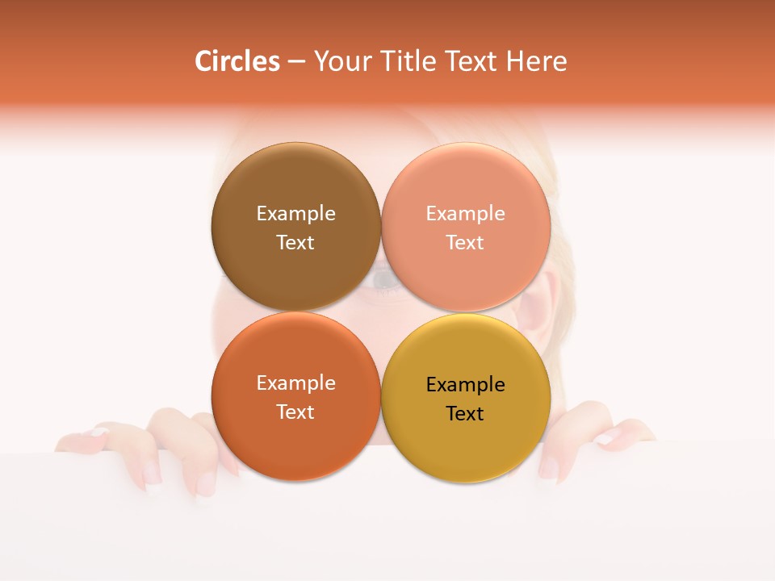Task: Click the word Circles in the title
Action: click(x=237, y=61)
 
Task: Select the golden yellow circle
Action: click(x=466, y=444)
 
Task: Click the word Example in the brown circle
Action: click(x=295, y=214)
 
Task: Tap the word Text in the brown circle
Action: click(x=295, y=243)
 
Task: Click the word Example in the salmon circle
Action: click(x=465, y=214)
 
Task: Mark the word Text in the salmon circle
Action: click(x=465, y=243)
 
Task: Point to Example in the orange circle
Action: click(x=295, y=383)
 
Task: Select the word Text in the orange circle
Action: click(x=295, y=412)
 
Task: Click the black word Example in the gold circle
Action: click(x=465, y=385)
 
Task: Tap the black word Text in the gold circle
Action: click(x=465, y=414)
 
